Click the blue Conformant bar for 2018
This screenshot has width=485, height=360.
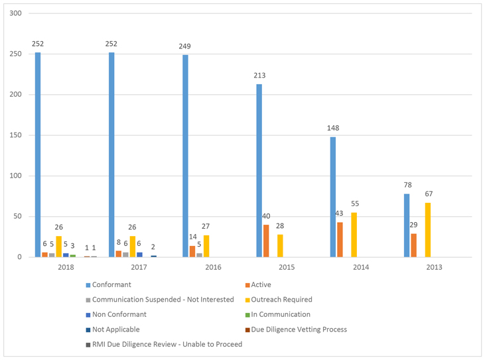38,154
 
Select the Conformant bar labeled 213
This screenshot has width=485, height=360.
259,170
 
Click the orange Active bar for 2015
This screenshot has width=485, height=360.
266,241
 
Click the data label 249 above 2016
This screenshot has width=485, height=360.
185,46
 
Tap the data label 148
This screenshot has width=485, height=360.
333,129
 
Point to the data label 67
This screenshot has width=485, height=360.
429,194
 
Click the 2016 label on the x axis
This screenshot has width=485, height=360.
214,267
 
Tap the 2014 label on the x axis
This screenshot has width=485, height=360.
362,267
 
